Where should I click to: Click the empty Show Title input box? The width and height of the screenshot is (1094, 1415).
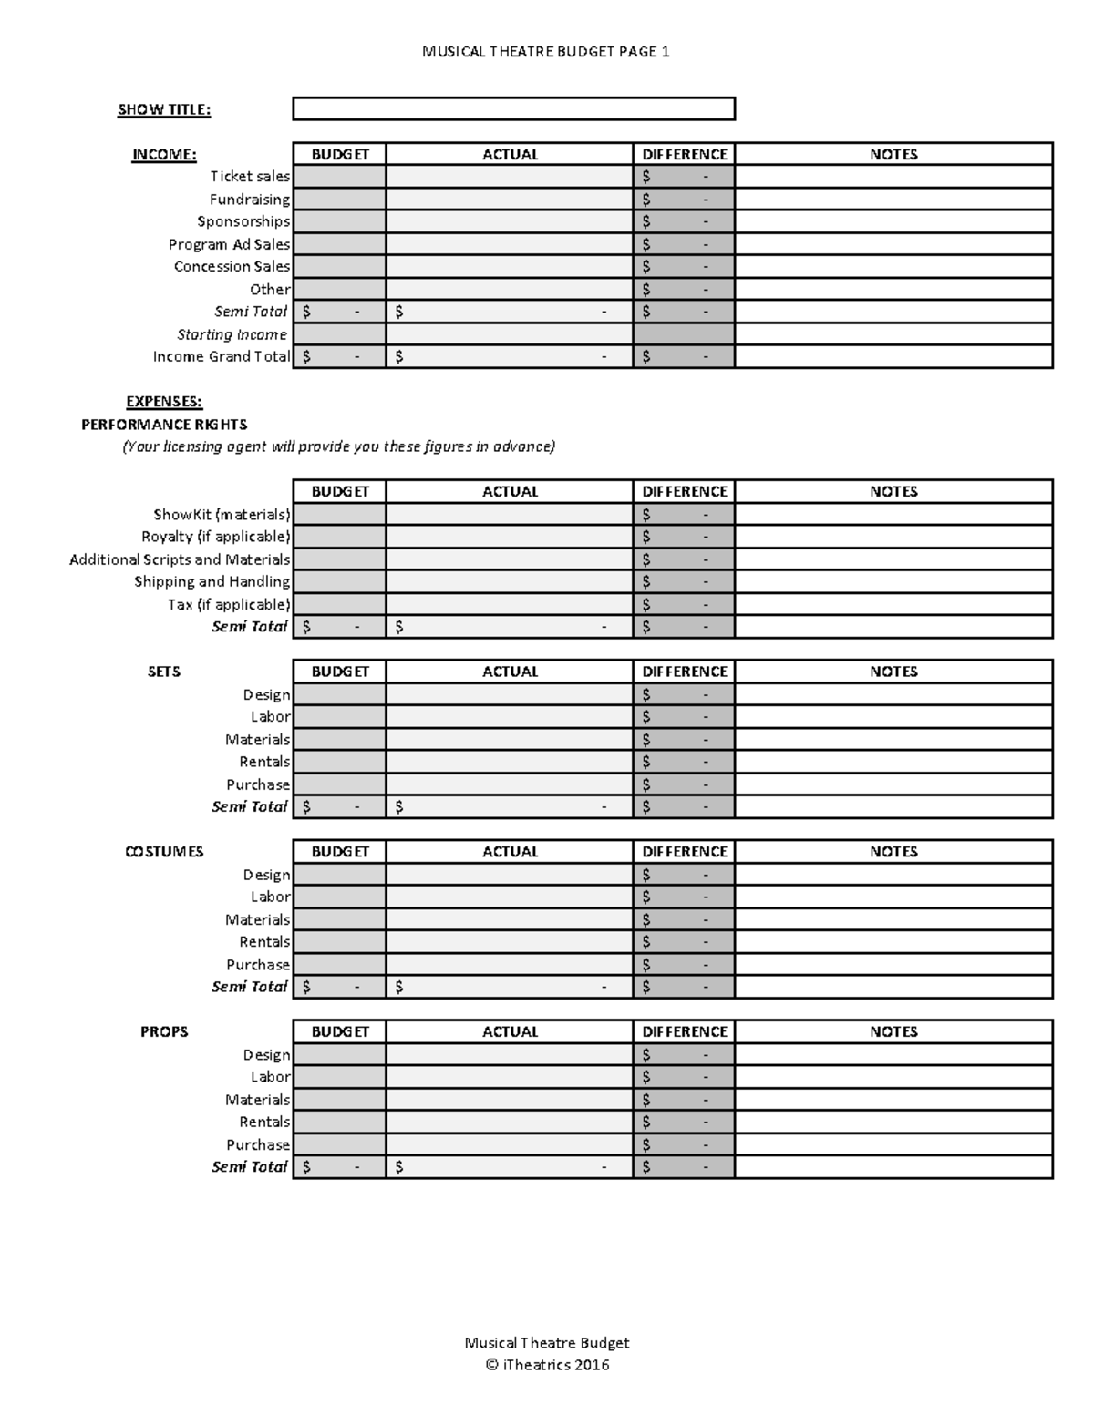click(513, 109)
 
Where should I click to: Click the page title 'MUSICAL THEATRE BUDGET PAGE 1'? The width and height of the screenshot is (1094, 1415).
click(545, 52)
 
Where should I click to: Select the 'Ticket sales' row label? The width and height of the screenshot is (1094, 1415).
click(250, 177)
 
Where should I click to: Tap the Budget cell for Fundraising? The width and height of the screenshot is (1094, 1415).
click(339, 200)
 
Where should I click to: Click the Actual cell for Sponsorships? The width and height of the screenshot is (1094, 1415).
click(509, 221)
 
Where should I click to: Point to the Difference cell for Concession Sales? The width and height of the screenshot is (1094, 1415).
click(684, 267)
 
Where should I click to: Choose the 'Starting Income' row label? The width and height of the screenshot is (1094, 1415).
click(232, 334)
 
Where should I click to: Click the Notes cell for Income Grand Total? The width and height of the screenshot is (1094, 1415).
click(893, 357)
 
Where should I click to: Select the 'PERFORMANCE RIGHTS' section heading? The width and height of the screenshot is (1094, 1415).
click(164, 425)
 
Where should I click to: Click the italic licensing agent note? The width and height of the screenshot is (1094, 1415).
click(338, 446)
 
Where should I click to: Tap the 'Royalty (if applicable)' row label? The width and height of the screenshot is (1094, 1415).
click(215, 537)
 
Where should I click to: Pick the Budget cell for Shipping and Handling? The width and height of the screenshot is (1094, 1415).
click(339, 581)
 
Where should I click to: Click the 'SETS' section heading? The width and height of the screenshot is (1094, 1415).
click(164, 672)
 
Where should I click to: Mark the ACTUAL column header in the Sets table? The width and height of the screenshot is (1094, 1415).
click(510, 672)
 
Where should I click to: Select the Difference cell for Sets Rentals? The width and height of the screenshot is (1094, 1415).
click(684, 762)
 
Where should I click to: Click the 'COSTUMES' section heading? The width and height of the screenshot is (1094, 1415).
click(164, 852)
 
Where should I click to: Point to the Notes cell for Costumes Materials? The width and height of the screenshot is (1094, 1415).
click(893, 919)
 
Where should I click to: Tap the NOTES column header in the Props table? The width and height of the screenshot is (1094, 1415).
click(893, 1031)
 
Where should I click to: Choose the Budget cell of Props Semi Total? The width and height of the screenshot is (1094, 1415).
click(339, 1167)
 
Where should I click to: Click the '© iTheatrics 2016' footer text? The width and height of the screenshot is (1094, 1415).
click(546, 1365)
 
